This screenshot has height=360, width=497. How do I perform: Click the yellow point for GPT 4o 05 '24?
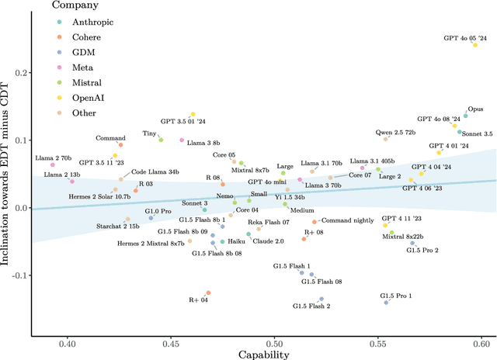[475, 45]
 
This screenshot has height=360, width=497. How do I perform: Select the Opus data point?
[466, 116]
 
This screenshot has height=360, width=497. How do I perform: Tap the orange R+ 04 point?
[208, 292]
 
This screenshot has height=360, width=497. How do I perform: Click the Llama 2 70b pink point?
[53, 164]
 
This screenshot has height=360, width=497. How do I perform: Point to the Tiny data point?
[161, 140]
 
